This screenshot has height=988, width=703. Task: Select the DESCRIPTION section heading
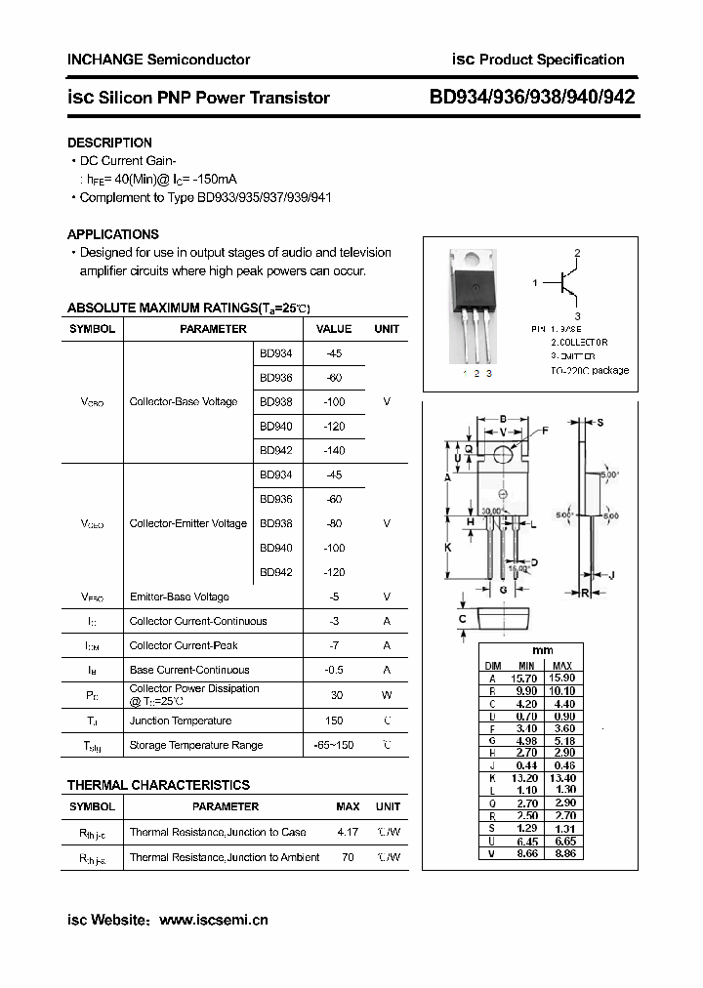[109, 143]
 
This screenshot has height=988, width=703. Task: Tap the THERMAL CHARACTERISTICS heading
[158, 785]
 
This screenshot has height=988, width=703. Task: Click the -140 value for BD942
[335, 451]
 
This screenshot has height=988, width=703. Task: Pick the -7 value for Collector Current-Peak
[335, 645]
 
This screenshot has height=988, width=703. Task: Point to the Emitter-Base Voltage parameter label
[179, 597]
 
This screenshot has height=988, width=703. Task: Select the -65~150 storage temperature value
[335, 745]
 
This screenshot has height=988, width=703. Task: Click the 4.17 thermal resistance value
[347, 832]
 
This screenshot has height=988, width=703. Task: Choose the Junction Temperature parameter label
[181, 720]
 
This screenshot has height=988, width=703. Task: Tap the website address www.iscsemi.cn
[213, 920]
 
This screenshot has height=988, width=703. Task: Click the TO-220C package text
[590, 370]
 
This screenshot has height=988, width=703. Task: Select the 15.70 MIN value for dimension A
[526, 678]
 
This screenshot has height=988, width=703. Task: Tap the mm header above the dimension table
[543, 650]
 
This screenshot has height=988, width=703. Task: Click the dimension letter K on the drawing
[448, 548]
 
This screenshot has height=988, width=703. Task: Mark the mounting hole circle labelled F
[504, 454]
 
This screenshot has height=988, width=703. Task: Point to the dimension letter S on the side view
[600, 422]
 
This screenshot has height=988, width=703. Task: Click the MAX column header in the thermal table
[348, 806]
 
